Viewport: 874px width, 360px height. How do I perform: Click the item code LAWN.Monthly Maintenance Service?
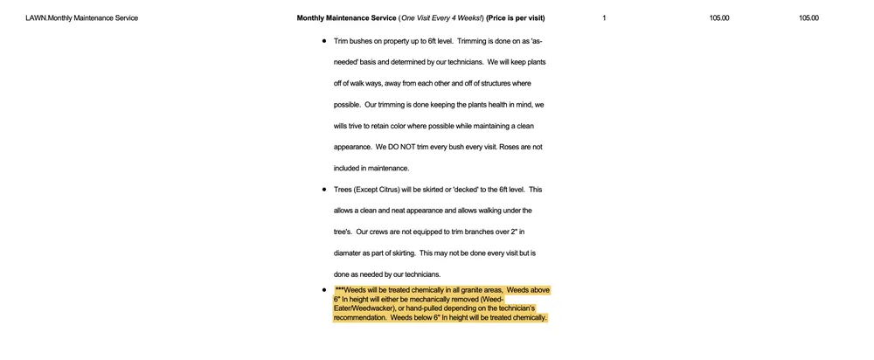81,18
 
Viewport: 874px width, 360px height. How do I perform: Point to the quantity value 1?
604,18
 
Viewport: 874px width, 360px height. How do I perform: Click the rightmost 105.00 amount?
808,18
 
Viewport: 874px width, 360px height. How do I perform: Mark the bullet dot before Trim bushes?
324,41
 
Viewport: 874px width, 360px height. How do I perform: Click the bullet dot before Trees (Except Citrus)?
324,190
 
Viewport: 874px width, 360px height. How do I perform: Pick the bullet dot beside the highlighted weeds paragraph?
324,288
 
